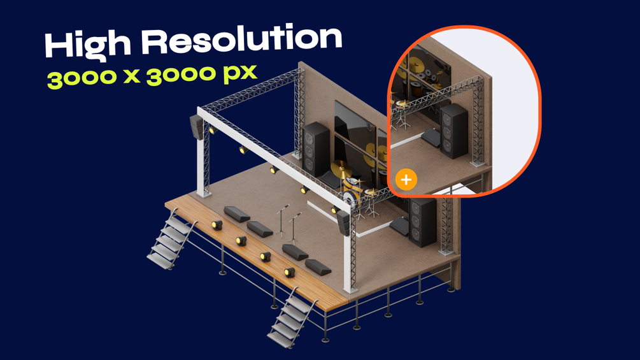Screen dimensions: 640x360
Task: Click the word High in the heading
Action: point(87,45)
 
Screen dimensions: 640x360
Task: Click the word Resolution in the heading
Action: point(241,39)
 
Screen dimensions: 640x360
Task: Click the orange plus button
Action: point(406,180)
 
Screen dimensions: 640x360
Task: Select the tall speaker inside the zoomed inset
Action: point(453,130)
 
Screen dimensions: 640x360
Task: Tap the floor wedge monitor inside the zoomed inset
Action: point(431,138)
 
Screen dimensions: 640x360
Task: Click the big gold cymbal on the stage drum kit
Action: point(341,169)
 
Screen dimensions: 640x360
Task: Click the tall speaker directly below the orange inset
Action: point(422,222)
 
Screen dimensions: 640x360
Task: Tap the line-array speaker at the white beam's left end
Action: point(197,127)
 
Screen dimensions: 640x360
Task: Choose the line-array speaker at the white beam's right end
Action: point(344,223)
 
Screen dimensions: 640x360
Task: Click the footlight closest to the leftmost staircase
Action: point(217,225)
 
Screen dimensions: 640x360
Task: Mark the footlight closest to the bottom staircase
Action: point(290,272)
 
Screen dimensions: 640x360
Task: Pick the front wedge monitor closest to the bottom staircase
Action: point(318,267)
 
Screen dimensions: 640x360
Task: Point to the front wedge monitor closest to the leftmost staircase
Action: point(237,214)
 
